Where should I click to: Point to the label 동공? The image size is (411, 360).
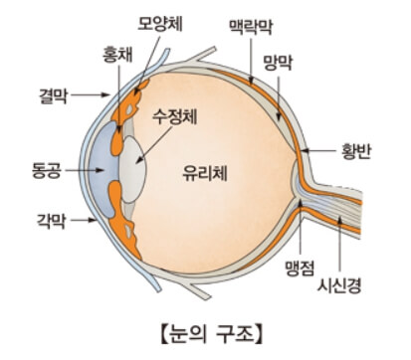[47, 170]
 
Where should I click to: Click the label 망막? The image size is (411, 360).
[278, 62]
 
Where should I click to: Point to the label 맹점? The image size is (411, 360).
[299, 268]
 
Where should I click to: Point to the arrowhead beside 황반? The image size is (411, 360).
[305, 151]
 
